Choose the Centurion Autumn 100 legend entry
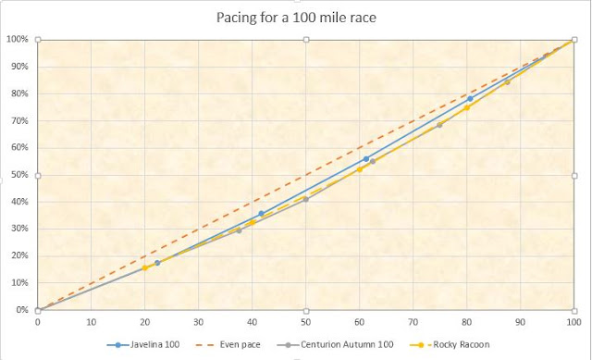point(341,344)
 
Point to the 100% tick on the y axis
point(17,39)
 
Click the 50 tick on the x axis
point(305,322)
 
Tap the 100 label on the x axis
point(573,322)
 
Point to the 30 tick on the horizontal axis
point(198,322)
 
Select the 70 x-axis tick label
point(413,322)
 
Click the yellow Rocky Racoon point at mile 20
point(145,267)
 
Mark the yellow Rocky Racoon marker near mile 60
point(360,169)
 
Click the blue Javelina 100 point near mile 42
point(261,214)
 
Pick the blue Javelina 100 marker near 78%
point(470,98)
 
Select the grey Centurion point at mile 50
point(305,199)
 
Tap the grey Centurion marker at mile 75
point(439,124)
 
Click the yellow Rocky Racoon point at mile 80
point(467,107)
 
